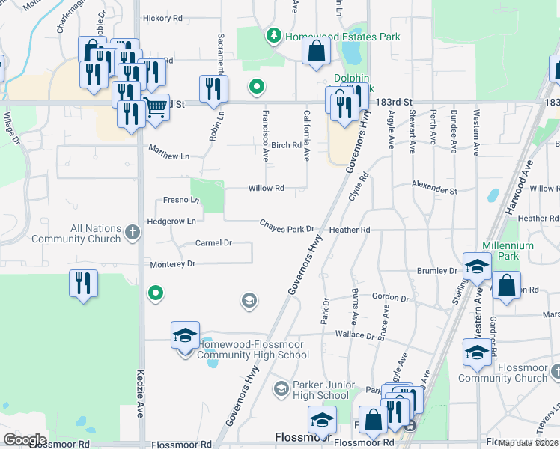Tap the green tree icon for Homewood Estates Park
pos(275,36)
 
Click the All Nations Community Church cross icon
pos(132,233)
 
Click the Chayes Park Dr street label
pos(286,227)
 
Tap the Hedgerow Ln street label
pos(171,221)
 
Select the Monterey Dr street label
pos(172,264)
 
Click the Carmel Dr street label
pos(213,243)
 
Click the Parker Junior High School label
pos(320,389)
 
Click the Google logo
pos(24,439)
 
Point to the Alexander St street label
pos(434,187)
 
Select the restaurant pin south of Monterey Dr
pos(82,284)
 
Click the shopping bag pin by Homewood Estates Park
pos(317,52)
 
